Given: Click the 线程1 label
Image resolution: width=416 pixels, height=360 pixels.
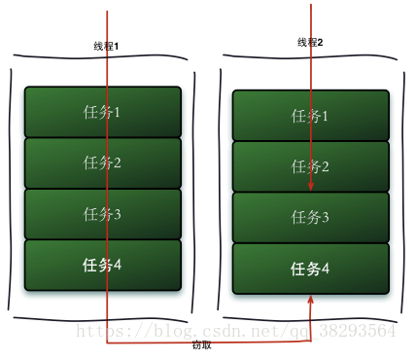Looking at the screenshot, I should (106, 46).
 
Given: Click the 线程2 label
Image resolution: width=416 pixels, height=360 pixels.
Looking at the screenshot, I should (310, 42).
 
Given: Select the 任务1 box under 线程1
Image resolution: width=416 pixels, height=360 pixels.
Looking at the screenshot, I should (102, 112).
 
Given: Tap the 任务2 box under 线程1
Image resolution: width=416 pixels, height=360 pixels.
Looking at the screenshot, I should (102, 162).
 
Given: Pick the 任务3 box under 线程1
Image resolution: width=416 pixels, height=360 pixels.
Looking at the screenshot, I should (102, 214).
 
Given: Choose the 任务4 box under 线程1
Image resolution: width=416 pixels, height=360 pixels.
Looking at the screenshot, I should (102, 265).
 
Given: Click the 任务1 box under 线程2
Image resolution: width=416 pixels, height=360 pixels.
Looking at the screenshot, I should (311, 117).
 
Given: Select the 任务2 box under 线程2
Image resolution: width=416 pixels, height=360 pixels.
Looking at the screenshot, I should (311, 166).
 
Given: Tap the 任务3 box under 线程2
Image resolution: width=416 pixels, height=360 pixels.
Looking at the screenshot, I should (311, 217).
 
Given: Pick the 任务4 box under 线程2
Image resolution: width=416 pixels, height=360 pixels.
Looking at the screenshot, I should (311, 268).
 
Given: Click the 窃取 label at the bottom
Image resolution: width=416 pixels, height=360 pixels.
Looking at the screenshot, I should (201, 345).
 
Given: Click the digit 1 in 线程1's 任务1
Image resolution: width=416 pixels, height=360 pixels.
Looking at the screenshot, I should (118, 112).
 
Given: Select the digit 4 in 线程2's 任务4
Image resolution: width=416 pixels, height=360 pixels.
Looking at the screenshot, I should (327, 268).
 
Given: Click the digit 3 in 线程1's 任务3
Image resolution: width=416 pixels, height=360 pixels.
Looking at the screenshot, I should (118, 214).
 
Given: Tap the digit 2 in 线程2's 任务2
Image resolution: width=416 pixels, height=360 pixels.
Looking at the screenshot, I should (327, 166).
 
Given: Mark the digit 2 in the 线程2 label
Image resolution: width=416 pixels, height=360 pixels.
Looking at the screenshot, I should (320, 42).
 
